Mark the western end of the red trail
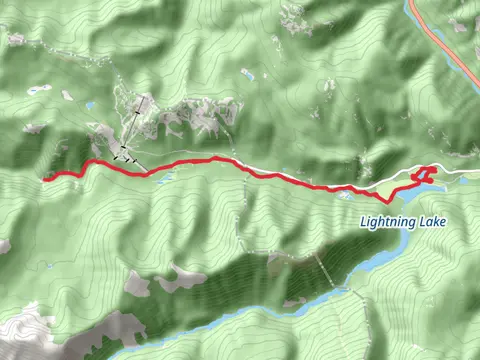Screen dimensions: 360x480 click(x=46, y=180)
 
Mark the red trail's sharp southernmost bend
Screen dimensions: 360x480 click(x=387, y=201)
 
